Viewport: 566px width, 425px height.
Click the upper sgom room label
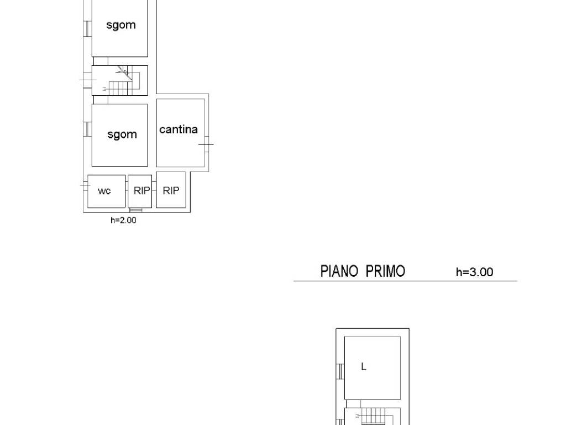pos(121,25)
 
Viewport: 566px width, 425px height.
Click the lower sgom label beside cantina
pos(122,135)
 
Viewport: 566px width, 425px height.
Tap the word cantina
pos(179,129)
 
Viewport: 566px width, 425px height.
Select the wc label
pos(104,191)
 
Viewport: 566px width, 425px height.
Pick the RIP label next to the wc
pos(141,190)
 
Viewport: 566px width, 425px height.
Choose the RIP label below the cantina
pos(171,190)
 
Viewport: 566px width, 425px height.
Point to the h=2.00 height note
pos(123,220)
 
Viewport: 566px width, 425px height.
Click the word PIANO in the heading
pos(339,271)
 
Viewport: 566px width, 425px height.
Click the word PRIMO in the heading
pos(385,271)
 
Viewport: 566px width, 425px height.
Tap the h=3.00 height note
pos(474,272)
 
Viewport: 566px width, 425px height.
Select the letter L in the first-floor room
pos(364,367)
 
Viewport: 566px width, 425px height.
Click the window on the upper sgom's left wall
pos(88,29)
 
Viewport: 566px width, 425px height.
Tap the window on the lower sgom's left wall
pos(88,129)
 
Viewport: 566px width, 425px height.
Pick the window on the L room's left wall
pos(340,371)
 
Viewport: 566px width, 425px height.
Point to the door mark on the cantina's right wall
pos(206,144)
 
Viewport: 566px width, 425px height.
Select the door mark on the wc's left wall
pos(85,185)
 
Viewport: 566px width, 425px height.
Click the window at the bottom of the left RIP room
pos(136,210)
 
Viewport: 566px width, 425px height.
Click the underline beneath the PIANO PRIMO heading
pos(405,281)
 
